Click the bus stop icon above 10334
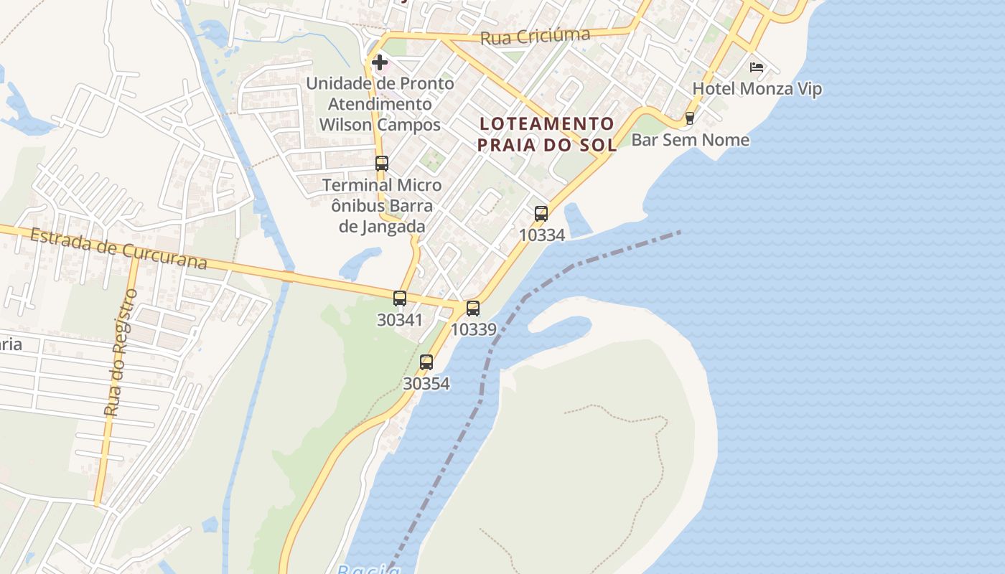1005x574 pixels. pos(541,213)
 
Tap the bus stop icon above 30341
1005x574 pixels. pos(400,298)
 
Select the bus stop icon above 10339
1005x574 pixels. pos(473,309)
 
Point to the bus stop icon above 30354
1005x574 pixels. pos(426,362)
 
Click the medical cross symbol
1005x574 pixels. pos(380,62)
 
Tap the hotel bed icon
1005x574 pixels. pos(756,67)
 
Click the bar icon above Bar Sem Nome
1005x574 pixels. pos(690,118)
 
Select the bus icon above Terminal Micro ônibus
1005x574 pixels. pos(382,164)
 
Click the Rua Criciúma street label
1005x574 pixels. pos(535,37)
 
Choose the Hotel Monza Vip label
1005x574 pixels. pos(757,89)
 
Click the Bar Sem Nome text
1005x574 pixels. pos(690,140)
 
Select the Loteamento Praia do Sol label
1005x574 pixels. pos(547,134)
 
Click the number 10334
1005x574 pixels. pos(541,235)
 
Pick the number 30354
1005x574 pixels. pos(426,384)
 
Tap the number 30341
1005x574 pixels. pos(400,320)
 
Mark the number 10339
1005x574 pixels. pos(473,329)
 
